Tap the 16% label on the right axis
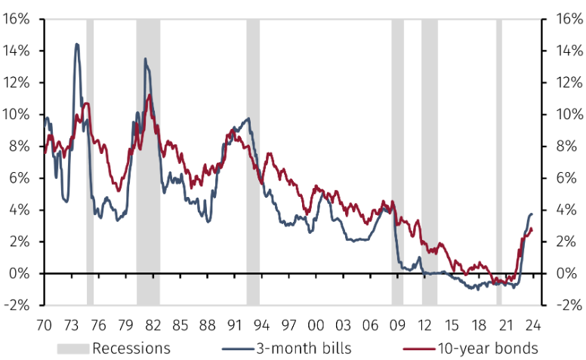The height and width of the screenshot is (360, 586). pos(570,19)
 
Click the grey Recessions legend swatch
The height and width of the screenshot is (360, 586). pos(73,349)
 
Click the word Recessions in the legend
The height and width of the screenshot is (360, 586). pos(131,349)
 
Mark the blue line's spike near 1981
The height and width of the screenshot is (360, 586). pos(145,59)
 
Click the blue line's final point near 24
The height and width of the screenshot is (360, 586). pos(532,214)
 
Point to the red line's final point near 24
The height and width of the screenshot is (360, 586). pos(532,229)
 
